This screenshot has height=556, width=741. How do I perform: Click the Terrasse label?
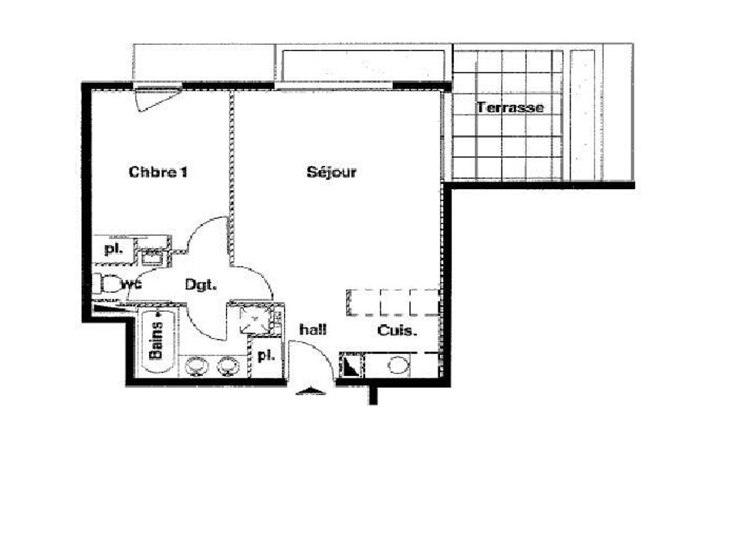pyautogui.click(x=510, y=108)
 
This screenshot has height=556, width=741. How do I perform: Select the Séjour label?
pyautogui.click(x=331, y=172)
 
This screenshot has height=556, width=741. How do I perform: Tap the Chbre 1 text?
pyautogui.click(x=157, y=171)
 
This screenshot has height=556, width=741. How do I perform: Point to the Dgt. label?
pyautogui.click(x=201, y=285)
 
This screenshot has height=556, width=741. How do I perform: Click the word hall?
pyautogui.click(x=313, y=330)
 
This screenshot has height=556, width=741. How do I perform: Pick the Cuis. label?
pyautogui.click(x=398, y=331)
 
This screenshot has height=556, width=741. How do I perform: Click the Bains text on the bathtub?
pyautogui.click(x=157, y=341)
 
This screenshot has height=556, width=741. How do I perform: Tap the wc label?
pyautogui.click(x=131, y=285)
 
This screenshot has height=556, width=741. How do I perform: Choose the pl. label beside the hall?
pyautogui.click(x=266, y=355)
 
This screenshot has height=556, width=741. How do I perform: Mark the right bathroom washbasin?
pyautogui.click(x=228, y=366)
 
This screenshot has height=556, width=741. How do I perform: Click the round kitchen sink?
pyautogui.click(x=398, y=365)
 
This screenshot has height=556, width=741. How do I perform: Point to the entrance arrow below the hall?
pyautogui.click(x=310, y=391)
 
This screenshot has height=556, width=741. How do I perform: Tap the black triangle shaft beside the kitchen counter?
pyautogui.click(x=351, y=365)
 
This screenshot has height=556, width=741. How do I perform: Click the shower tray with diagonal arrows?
pyautogui.click(x=255, y=320)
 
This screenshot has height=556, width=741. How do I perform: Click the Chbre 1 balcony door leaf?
pyautogui.click(x=157, y=100)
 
